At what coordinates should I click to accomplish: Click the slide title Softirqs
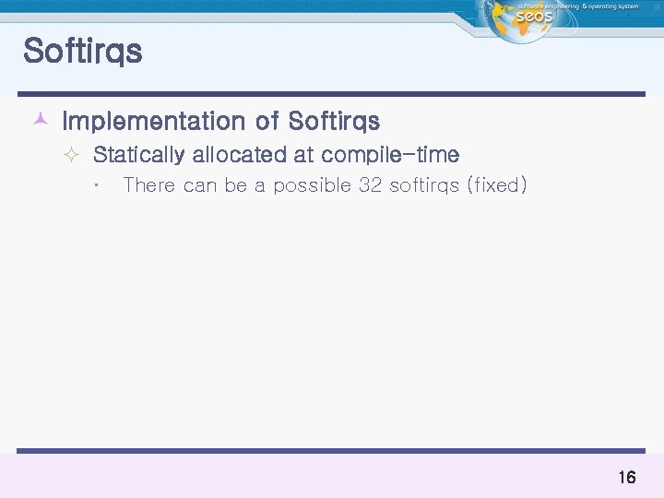(x=83, y=52)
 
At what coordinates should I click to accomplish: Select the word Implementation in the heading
(x=153, y=122)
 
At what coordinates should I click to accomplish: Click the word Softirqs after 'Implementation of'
(x=334, y=122)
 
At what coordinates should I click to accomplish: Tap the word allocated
(x=240, y=155)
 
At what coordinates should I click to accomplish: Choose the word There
(x=148, y=185)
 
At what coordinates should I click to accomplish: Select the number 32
(x=370, y=185)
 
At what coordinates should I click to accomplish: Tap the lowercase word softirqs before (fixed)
(x=424, y=185)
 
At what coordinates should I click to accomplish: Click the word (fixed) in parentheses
(x=497, y=185)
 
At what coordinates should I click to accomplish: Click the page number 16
(x=626, y=478)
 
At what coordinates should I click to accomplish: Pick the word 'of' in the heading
(x=267, y=122)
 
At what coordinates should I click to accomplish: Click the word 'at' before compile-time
(x=303, y=155)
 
